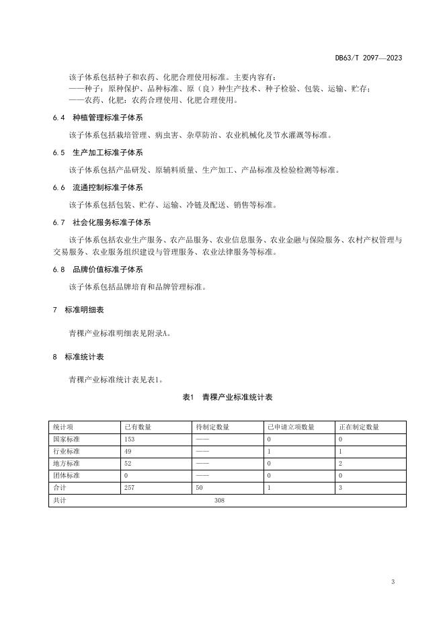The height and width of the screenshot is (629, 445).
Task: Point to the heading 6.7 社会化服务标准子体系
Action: (102, 222)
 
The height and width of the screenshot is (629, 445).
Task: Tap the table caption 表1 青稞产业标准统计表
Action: (227, 398)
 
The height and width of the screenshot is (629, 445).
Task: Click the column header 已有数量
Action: (138, 427)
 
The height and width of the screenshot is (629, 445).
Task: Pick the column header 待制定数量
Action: (212, 427)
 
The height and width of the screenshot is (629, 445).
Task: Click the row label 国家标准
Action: (66, 439)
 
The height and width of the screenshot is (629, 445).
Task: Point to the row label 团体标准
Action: (66, 476)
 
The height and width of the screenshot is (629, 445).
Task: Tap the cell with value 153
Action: (130, 439)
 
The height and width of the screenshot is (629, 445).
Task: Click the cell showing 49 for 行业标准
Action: (128, 452)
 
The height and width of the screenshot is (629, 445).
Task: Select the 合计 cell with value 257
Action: (130, 488)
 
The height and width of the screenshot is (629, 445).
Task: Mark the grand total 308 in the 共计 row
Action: (219, 501)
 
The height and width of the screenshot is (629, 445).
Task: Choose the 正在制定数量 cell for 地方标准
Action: (341, 464)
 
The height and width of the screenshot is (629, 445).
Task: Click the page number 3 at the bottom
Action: (393, 581)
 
